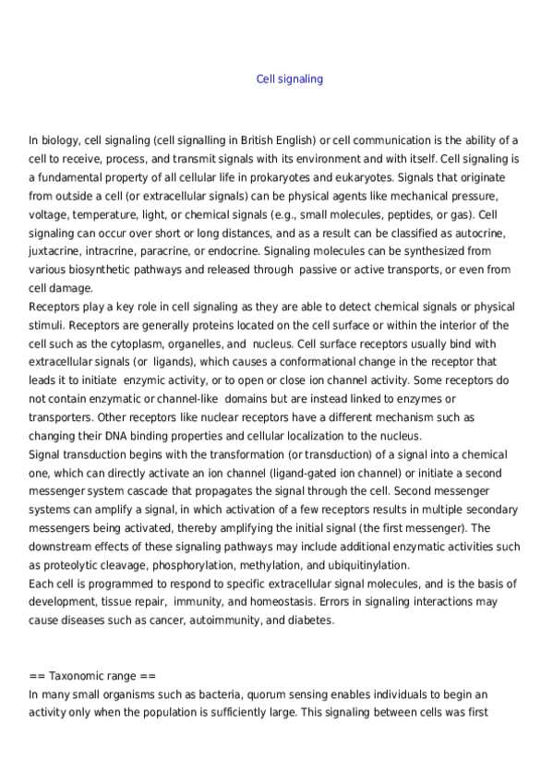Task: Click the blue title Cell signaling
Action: point(289,79)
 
